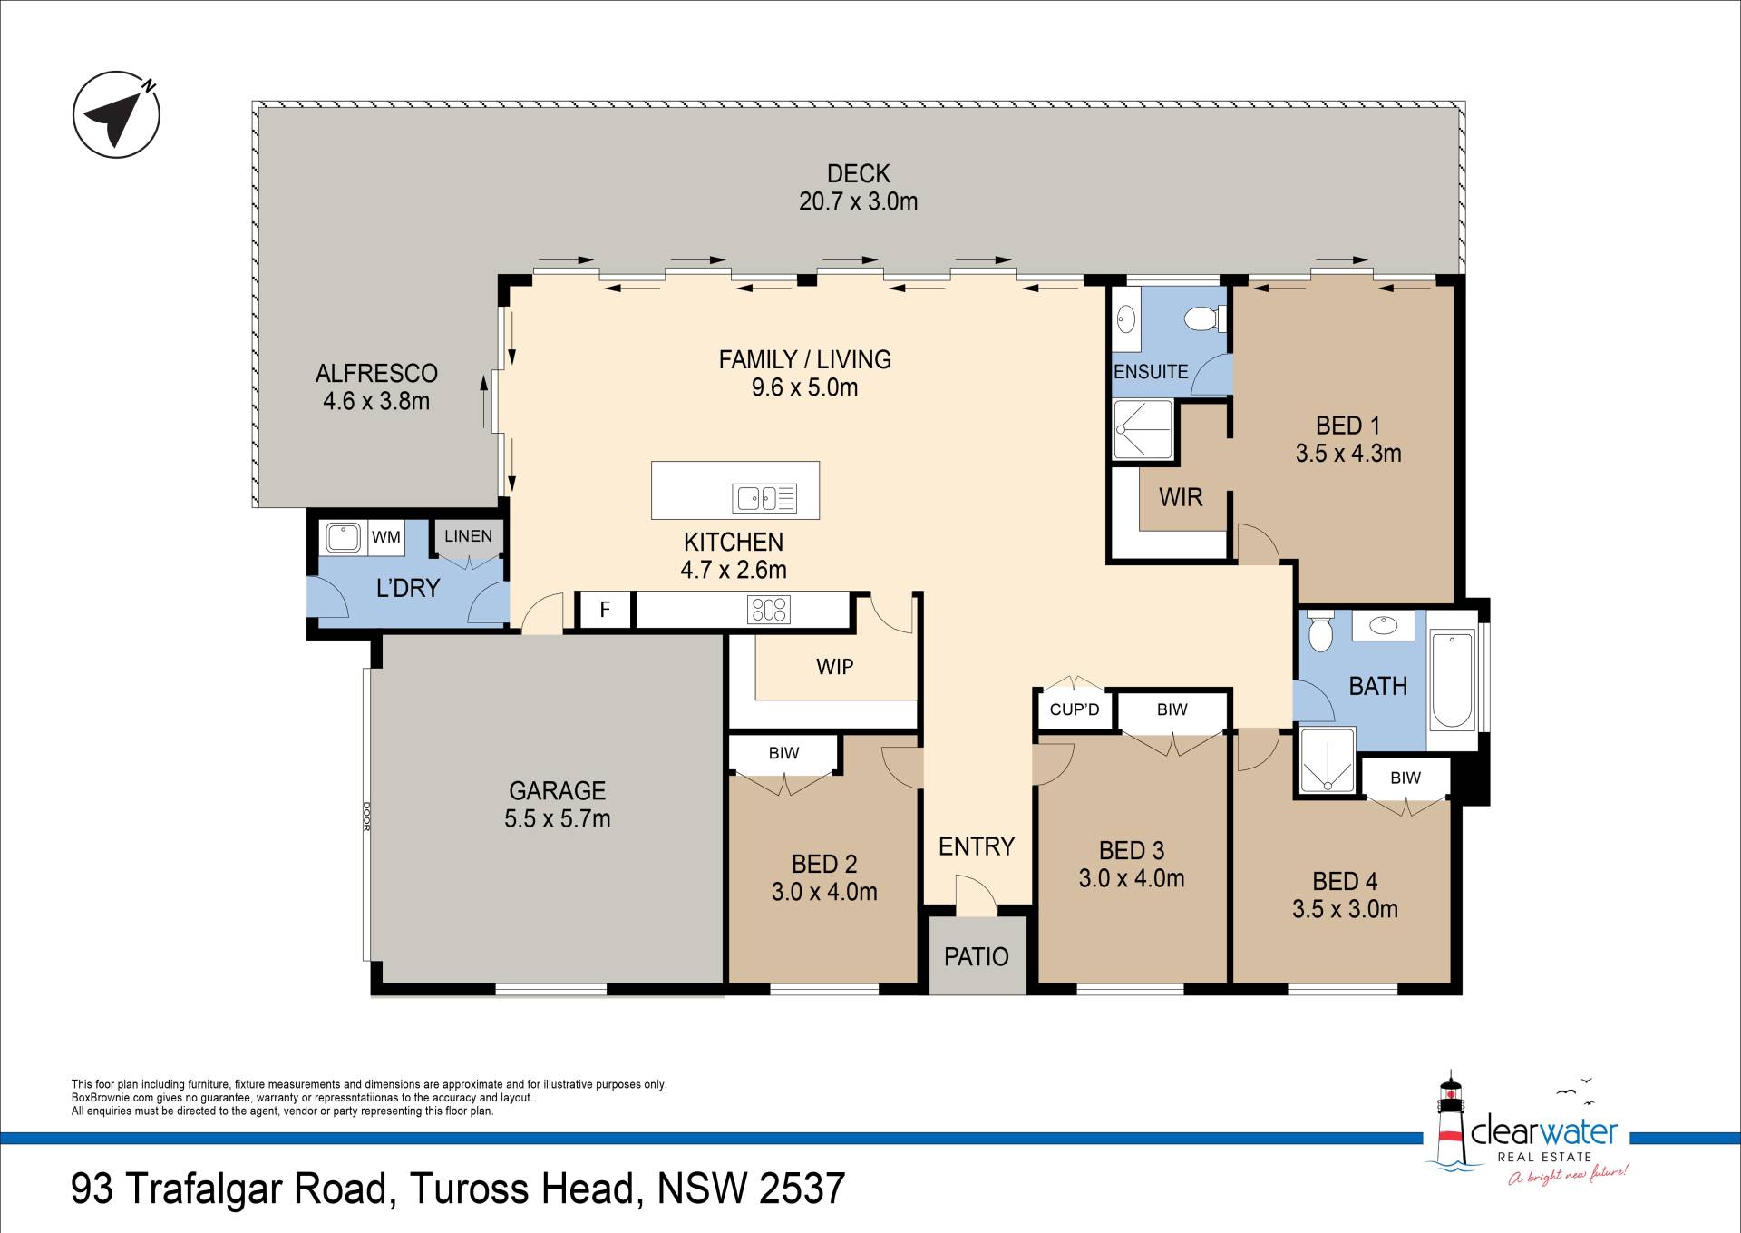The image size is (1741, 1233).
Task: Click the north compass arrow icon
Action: click(x=116, y=115)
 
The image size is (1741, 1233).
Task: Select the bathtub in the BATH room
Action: click(x=1452, y=681)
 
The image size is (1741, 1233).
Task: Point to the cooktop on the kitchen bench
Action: click(x=769, y=610)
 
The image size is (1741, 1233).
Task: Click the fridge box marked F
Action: click(x=605, y=610)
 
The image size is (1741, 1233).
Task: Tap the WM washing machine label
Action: click(x=386, y=537)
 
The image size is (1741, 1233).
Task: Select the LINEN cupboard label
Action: click(x=469, y=536)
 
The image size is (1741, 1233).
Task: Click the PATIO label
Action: click(x=977, y=956)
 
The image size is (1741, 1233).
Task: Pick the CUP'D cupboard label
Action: click(x=1075, y=709)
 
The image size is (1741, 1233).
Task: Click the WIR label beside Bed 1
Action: click(x=1181, y=497)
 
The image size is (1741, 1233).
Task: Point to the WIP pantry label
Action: click(x=835, y=667)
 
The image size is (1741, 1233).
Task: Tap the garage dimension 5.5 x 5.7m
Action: click(x=558, y=818)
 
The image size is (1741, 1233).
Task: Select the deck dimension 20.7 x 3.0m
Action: click(x=859, y=201)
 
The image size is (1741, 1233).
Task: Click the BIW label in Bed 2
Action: click(x=784, y=753)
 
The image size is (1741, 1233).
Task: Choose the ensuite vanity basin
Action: click(x=1125, y=319)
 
